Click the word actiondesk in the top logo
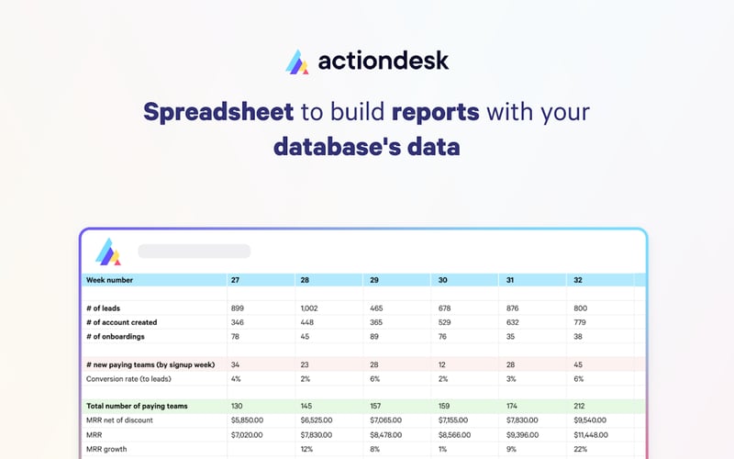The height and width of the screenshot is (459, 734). click(384, 62)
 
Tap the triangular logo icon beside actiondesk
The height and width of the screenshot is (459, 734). click(299, 62)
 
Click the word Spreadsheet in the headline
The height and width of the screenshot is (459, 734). click(218, 113)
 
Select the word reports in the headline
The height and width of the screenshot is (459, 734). click(435, 113)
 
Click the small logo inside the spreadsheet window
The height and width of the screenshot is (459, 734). click(109, 252)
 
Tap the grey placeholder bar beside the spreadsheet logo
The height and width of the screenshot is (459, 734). click(194, 251)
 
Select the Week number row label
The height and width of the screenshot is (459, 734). click(109, 280)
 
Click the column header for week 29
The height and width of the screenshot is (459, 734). click(375, 280)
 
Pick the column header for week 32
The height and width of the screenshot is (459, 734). click(577, 280)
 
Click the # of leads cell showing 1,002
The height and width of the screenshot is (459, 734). click(309, 308)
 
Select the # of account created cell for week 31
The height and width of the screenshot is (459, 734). click(514, 322)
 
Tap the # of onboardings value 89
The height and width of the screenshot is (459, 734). click(375, 336)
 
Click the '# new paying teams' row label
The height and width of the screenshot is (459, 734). click(150, 364)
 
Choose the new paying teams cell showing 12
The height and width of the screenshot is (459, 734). click(444, 364)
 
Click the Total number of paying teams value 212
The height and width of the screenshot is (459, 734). click(580, 407)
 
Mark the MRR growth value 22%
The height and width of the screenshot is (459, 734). click(580, 449)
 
